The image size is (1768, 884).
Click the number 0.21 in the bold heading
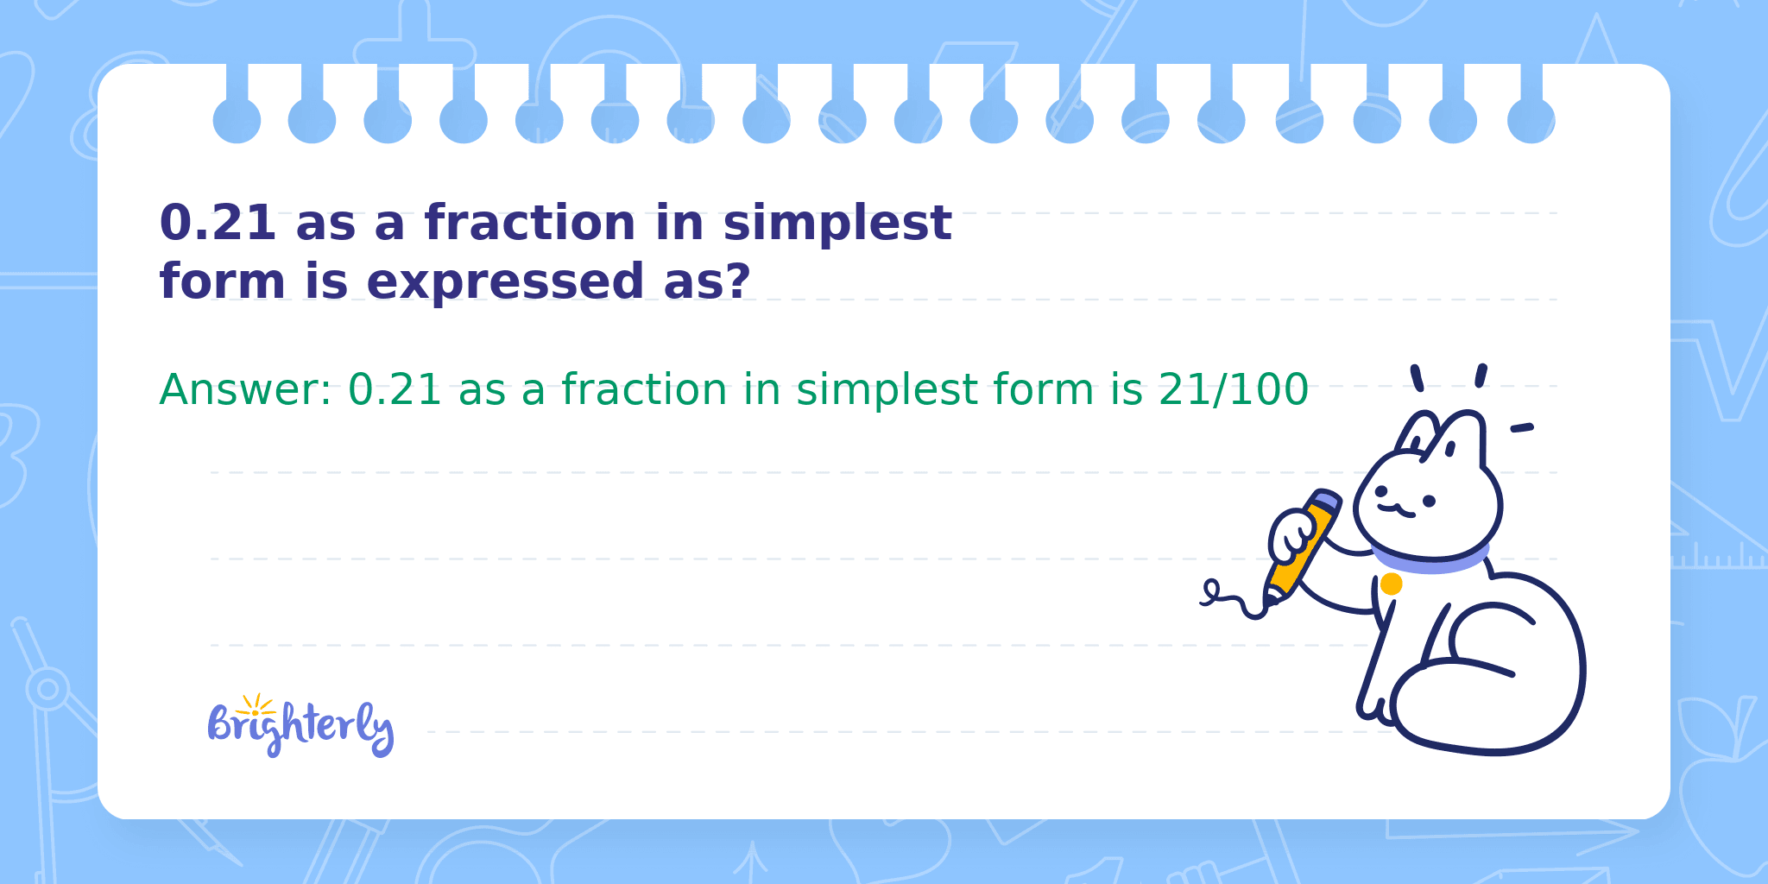218,223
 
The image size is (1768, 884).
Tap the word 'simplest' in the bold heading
837,224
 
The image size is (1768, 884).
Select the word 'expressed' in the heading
505,283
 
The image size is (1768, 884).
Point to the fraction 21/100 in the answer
1233,389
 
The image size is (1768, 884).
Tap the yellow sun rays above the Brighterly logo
256,704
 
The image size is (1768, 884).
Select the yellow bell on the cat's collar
1391,584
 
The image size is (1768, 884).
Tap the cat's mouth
1396,510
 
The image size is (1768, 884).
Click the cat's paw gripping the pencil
1291,537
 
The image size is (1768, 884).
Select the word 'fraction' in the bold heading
530,223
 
